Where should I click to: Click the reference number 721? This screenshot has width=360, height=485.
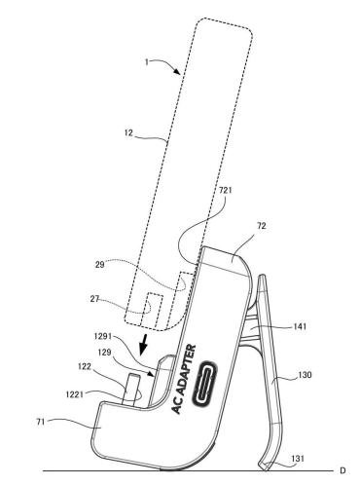click(226, 190)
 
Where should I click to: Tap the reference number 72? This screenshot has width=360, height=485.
click(262, 226)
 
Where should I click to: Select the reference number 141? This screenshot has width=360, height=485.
click(300, 326)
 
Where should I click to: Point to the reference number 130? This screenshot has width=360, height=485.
click(305, 375)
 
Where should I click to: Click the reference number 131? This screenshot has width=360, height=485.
click(298, 459)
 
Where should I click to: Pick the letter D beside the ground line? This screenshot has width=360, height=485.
click(342, 470)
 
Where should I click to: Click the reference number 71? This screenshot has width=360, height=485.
click(41, 423)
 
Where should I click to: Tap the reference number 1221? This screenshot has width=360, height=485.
click(75, 394)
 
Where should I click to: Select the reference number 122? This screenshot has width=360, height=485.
click(85, 366)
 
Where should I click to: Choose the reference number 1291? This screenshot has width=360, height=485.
click(103, 336)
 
